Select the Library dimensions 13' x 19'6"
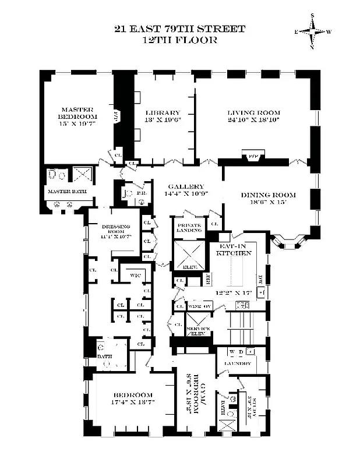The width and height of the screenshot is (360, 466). click(164, 121)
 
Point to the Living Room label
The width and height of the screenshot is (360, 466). click(253, 113)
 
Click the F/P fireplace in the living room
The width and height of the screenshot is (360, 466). click(253, 156)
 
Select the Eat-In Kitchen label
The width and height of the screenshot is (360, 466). click(234, 250)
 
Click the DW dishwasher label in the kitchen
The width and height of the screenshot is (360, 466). click(261, 279)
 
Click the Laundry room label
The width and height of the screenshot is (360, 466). click(237, 363)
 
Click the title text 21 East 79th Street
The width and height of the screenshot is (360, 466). click(180, 29)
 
